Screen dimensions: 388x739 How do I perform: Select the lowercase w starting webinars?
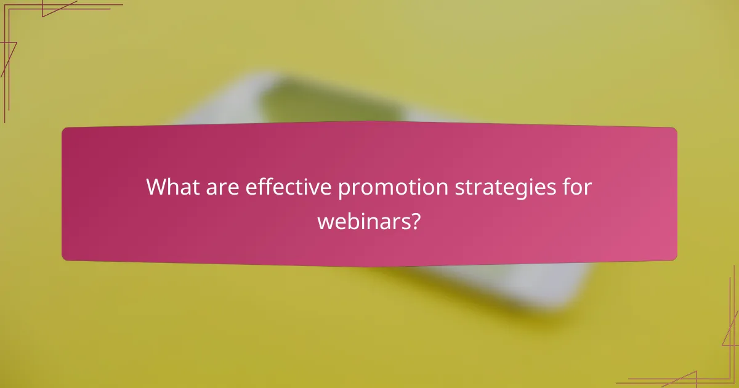pyautogui.click(x=325, y=221)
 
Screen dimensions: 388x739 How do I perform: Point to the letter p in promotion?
pyautogui.click(x=343, y=190)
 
